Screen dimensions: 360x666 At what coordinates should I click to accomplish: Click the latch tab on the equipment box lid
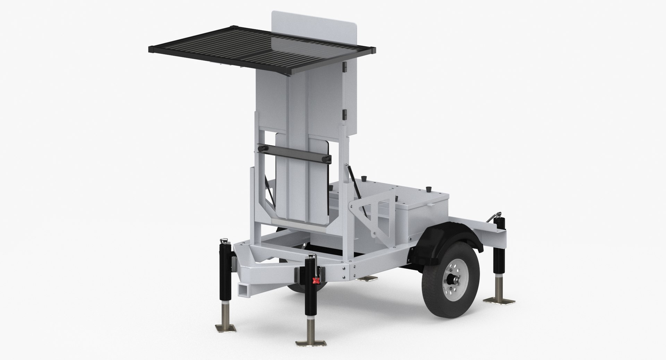click(430, 215)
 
